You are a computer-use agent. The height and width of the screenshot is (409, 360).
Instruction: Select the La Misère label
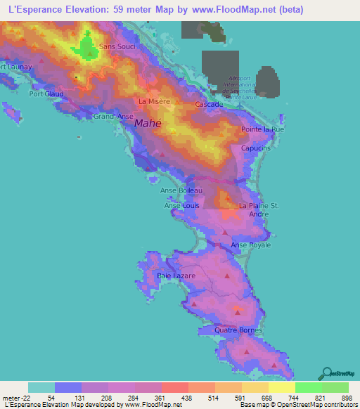tap(154, 101)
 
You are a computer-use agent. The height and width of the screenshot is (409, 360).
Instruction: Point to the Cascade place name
tap(209, 104)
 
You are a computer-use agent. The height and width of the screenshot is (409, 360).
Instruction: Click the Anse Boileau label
tap(181, 190)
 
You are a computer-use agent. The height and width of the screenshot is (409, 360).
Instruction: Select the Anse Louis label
tap(181, 205)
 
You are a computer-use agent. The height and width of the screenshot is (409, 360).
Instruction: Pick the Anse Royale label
tap(251, 245)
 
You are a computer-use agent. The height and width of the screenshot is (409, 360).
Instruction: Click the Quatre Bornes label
tap(239, 330)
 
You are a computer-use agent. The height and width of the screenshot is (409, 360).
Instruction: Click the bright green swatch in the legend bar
tap(308, 387)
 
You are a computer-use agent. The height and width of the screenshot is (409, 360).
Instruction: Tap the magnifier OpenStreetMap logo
tap(326, 372)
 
